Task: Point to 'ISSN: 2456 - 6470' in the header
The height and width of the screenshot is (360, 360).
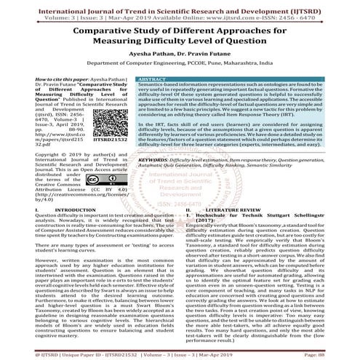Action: (x=317, y=15)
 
